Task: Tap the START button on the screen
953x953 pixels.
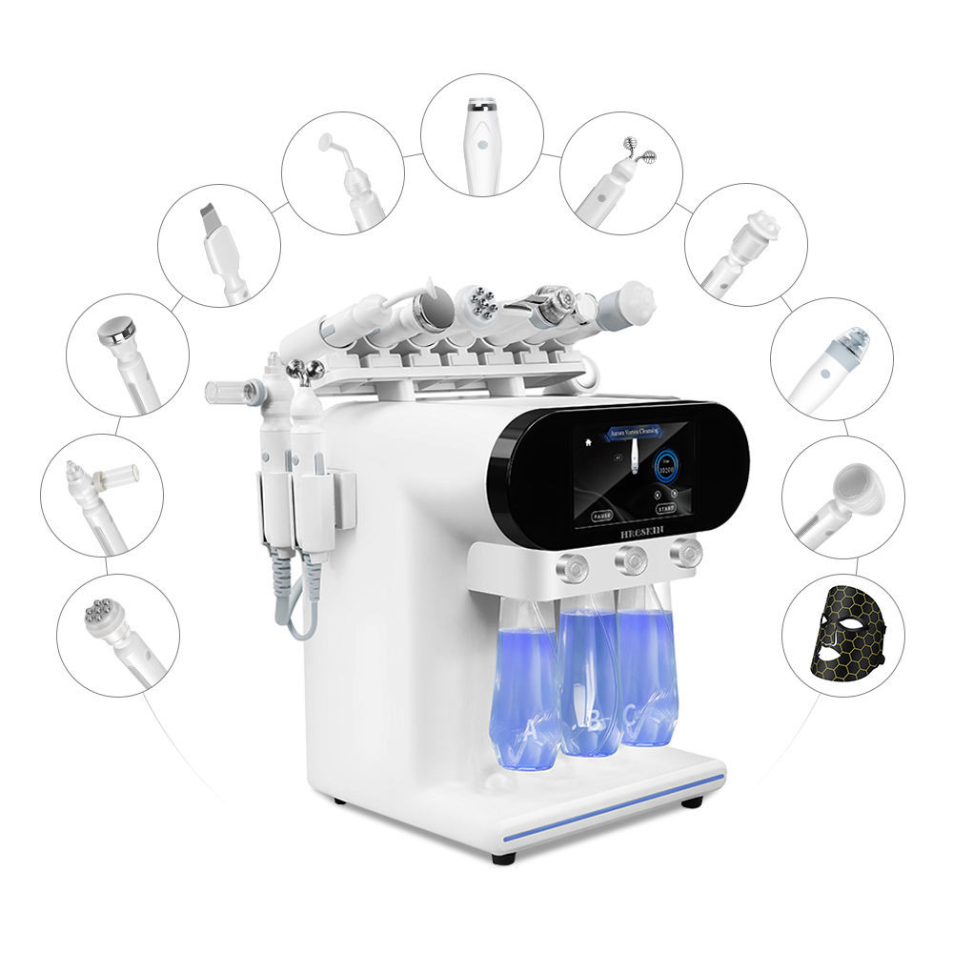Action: click(665, 510)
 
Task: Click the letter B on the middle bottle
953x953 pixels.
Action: click(593, 721)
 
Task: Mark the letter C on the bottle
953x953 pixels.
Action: click(633, 713)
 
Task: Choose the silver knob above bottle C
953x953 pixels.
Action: click(685, 552)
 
